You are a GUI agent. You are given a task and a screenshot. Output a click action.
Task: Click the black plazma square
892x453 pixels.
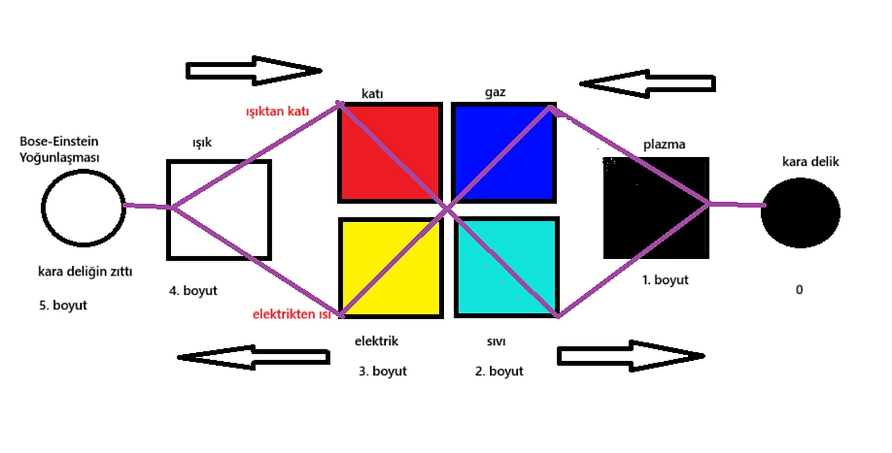tap(656, 208)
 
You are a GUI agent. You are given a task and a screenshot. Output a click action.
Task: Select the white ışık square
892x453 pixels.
tap(219, 209)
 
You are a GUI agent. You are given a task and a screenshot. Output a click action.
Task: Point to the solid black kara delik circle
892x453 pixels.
tap(801, 212)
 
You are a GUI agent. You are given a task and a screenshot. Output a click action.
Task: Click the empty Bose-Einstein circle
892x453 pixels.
tap(83, 208)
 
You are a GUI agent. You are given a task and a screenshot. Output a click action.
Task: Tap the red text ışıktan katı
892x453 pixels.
tap(277, 111)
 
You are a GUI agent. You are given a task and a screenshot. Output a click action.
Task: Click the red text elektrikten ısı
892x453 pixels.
tap(292, 314)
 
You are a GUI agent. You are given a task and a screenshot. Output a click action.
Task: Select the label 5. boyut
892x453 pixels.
tap(63, 305)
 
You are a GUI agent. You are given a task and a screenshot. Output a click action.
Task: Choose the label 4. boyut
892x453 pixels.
tap(193, 290)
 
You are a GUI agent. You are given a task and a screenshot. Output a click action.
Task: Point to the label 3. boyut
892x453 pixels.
tap(383, 371)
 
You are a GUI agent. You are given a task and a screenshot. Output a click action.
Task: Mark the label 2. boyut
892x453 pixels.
tap(499, 371)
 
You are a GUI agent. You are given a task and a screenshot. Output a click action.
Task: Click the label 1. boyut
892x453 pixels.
tap(665, 280)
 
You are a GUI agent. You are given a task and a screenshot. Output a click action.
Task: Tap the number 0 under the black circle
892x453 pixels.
tap(799, 290)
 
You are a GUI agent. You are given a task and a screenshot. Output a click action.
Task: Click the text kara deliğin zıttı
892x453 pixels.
tap(85, 271)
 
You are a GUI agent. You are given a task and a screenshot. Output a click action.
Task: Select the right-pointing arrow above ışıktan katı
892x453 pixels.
tap(253, 70)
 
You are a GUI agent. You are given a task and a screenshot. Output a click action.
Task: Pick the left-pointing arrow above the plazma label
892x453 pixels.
tap(648, 83)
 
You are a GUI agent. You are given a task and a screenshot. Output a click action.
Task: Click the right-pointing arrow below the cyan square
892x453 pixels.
tap(631, 356)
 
